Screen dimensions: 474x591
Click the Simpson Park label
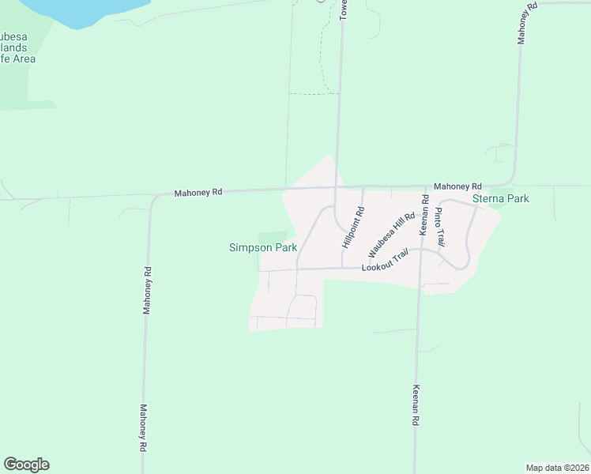pyautogui.click(x=263, y=247)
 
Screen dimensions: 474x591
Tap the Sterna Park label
pyautogui.click(x=501, y=199)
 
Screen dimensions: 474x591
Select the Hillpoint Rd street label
pyautogui.click(x=352, y=228)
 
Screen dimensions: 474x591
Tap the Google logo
pyautogui.click(x=26, y=465)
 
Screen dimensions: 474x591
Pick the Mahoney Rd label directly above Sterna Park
pyautogui.click(x=457, y=185)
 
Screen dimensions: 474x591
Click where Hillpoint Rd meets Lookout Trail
pyautogui.click(x=342, y=268)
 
